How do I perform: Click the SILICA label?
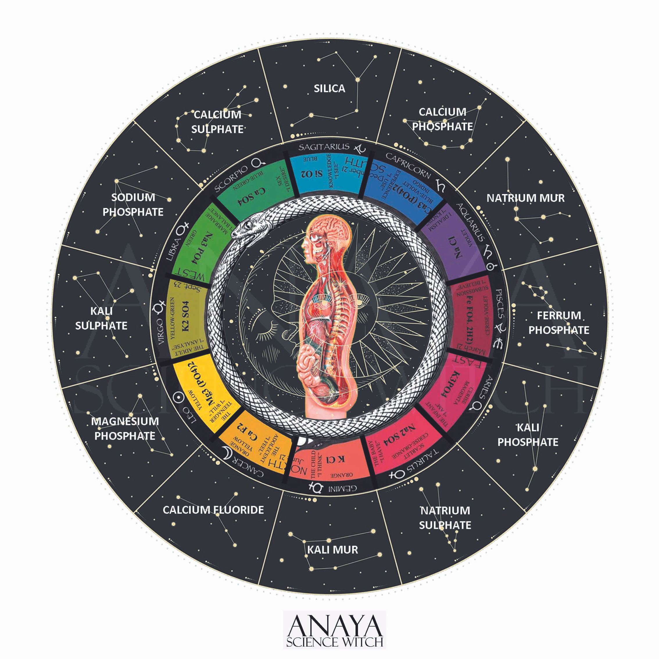(329, 89)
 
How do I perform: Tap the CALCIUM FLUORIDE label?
(213, 510)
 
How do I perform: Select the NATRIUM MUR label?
(525, 198)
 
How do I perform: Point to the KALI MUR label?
(333, 549)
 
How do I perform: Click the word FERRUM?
(559, 316)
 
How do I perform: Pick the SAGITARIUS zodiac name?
(324, 147)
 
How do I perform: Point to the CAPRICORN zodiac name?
(408, 165)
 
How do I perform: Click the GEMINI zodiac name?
(343, 488)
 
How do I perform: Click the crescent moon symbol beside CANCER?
(226, 453)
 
